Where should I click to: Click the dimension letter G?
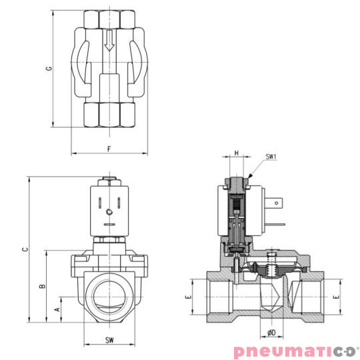click(x=49, y=69)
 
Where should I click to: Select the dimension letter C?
click(x=25, y=249)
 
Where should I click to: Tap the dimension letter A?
click(x=57, y=309)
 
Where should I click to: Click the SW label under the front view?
click(x=109, y=341)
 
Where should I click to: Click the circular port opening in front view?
click(x=109, y=294)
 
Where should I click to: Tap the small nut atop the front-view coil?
click(x=109, y=180)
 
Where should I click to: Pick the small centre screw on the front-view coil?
click(x=109, y=212)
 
